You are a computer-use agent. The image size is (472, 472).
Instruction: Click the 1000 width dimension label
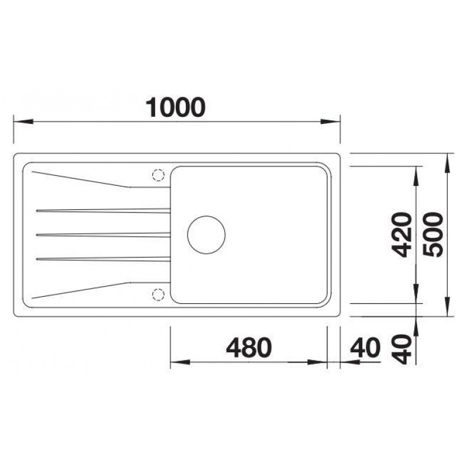pyautogui.click(x=175, y=107)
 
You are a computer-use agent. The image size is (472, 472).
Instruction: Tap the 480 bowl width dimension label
pyautogui.click(x=249, y=348)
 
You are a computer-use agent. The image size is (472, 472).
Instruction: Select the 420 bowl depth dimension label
pyautogui.click(x=402, y=234)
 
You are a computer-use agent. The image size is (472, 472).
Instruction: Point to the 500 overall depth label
pyautogui.click(x=433, y=234)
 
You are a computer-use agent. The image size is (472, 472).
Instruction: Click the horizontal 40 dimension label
pyautogui.click(x=365, y=348)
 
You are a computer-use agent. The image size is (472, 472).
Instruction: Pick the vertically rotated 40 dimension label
pyautogui.click(x=402, y=349)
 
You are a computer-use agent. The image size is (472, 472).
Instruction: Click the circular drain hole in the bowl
pyautogui.click(x=206, y=235)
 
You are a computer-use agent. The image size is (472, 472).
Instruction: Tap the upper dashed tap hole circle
pyautogui.click(x=158, y=175)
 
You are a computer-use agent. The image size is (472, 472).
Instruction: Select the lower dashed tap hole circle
pyautogui.click(x=158, y=294)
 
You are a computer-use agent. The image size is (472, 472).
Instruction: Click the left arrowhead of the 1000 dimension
pyautogui.click(x=24, y=122)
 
